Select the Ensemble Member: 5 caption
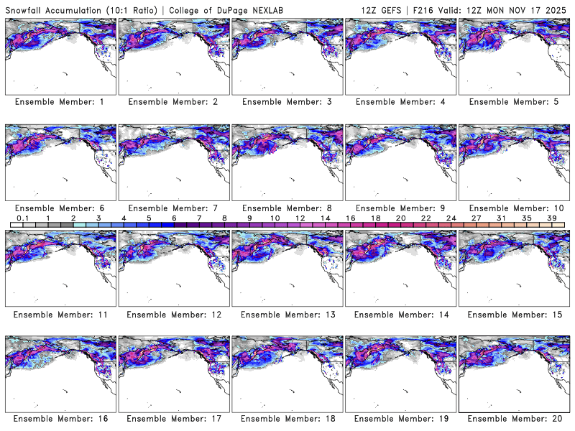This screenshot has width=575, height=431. click(514, 102)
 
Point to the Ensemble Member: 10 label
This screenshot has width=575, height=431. click(514, 208)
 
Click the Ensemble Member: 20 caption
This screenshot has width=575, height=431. click(514, 418)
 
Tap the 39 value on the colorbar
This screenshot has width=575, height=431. click(553, 218)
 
